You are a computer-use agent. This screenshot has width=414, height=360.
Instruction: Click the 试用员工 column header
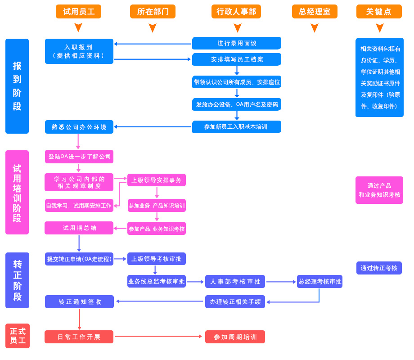(78, 12)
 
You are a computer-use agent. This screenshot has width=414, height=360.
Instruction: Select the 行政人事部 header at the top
(236, 12)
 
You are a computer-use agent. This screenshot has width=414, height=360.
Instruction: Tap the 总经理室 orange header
(315, 12)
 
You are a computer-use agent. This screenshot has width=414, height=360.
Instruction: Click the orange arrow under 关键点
(379, 28)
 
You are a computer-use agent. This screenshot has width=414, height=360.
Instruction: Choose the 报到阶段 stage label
(17, 86)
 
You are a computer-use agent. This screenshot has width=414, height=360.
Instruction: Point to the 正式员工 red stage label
(18, 336)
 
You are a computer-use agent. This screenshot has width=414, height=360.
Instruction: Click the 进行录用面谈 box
(237, 43)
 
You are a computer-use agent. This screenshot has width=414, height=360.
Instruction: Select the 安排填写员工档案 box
(237, 59)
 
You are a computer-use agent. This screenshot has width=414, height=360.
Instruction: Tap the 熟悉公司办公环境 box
(79, 127)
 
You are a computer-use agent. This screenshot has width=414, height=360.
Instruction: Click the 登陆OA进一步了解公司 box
(79, 157)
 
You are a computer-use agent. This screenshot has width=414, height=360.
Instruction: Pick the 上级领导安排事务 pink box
(157, 180)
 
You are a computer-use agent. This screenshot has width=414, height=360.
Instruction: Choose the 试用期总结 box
(79, 228)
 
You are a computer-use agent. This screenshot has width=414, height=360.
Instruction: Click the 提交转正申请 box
(79, 259)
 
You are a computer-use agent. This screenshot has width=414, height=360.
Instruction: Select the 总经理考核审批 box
(319, 282)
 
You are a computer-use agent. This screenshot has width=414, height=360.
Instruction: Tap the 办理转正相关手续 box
(235, 301)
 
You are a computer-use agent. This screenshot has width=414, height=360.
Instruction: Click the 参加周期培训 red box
(235, 337)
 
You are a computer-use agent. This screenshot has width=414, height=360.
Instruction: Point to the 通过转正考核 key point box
(379, 268)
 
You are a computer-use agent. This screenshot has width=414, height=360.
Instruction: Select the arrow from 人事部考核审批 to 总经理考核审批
(281, 282)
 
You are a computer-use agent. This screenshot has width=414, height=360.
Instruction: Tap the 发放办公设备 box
(237, 104)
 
